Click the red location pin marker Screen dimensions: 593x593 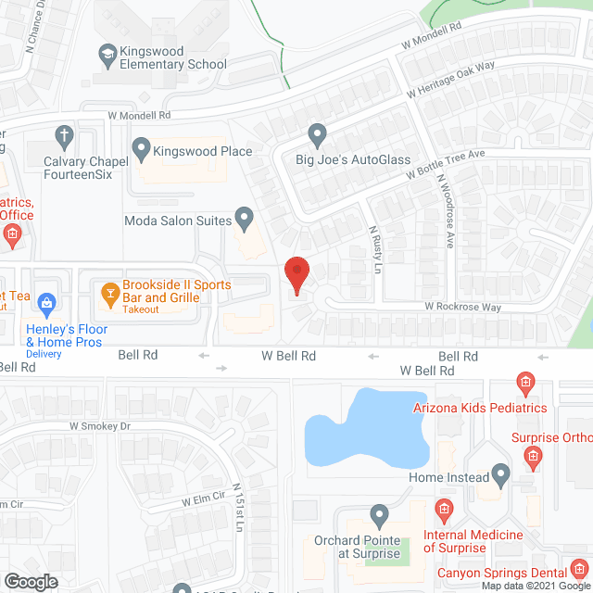click(296, 274)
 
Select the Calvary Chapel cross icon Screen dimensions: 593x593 click(64, 138)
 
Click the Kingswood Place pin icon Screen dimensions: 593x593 click(141, 147)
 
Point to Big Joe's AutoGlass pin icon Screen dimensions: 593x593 click(318, 136)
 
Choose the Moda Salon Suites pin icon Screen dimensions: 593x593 click(245, 220)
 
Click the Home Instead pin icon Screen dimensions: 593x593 click(501, 476)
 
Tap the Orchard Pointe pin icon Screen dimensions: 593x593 click(378, 515)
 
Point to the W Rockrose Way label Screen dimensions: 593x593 click(462, 307)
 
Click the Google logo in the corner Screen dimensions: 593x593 click(31, 581)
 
